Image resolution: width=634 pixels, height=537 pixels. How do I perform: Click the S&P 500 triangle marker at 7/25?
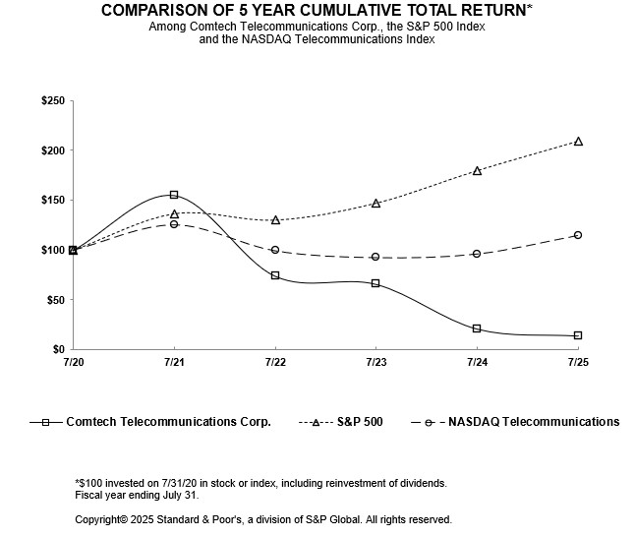[x=578, y=142]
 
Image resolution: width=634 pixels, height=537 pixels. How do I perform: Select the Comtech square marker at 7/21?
[x=174, y=195]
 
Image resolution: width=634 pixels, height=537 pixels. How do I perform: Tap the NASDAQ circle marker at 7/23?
[x=375, y=257]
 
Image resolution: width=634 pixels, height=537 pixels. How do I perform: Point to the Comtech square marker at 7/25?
[x=578, y=335]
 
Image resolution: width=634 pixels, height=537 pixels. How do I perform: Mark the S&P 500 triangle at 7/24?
[x=477, y=170]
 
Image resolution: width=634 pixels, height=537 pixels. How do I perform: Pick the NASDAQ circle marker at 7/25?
[x=578, y=235]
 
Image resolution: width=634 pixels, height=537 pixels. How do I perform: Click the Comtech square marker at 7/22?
[x=275, y=275]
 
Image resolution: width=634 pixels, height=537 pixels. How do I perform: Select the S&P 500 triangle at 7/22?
[x=275, y=220]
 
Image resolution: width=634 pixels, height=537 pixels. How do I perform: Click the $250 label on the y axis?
[x=53, y=101]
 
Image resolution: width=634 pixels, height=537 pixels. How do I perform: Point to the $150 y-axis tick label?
[x=53, y=201]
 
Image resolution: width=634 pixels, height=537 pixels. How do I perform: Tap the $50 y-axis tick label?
[x=56, y=300]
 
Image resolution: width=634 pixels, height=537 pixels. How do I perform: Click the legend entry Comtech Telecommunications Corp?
[x=168, y=422]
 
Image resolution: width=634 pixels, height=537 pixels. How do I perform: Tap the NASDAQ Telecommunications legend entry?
[x=534, y=422]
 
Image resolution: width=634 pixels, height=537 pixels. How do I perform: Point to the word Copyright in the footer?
[x=102, y=519]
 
